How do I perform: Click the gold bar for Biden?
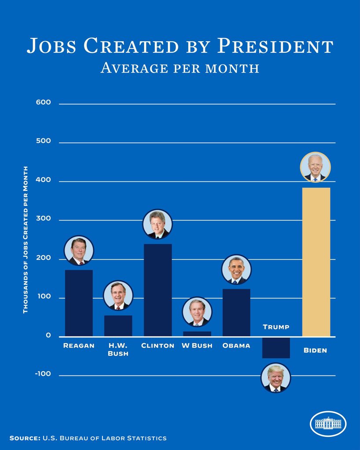click(316, 262)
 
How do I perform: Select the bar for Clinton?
click(158, 290)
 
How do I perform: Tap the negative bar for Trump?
click(276, 348)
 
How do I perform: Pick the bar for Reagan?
click(79, 303)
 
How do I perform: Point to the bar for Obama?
click(236, 312)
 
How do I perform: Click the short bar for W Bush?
click(197, 334)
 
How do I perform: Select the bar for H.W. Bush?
click(118, 326)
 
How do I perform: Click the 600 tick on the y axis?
click(44, 102)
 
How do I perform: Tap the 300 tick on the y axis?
click(44, 219)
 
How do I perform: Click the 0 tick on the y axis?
click(48, 336)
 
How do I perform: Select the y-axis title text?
click(25, 240)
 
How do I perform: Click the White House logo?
click(328, 424)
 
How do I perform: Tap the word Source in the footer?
click(25, 438)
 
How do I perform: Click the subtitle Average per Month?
click(180, 68)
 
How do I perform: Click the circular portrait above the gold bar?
click(315, 167)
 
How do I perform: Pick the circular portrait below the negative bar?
click(276, 378)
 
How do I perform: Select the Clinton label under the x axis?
click(158, 346)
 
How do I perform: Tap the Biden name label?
click(315, 351)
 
